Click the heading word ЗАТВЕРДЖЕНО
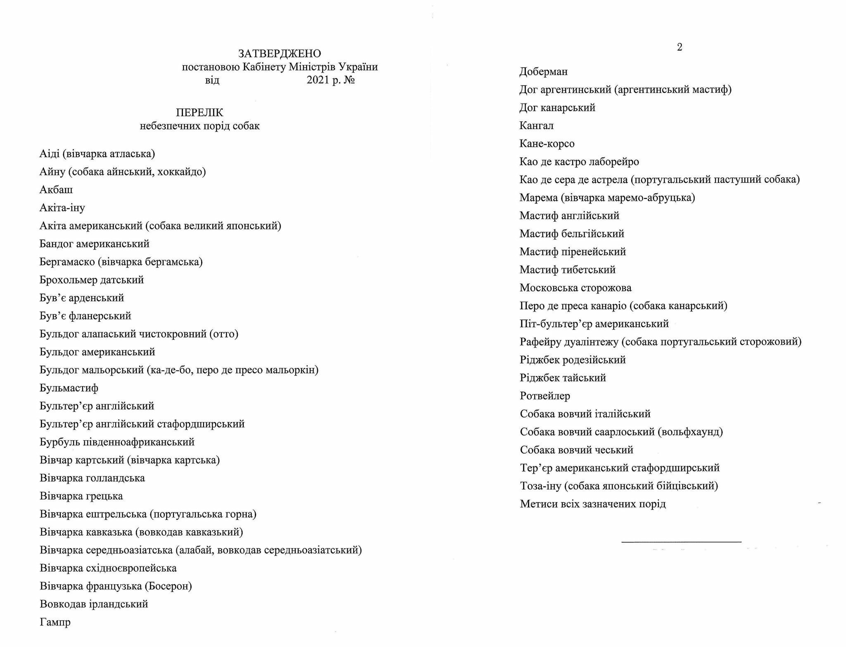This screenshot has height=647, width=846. [x=280, y=54]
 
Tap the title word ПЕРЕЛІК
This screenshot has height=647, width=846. [x=200, y=113]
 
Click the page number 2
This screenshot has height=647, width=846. [x=680, y=47]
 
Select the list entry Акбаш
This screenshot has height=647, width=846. [x=56, y=190]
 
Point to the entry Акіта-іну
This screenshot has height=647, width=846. [x=62, y=208]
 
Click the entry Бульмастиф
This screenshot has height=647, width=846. [x=69, y=388]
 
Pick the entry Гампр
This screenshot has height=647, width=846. [x=55, y=622]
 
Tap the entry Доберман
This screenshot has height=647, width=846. [x=544, y=72]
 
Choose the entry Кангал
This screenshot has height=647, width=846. [x=537, y=126]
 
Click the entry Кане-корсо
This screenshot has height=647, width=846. [x=547, y=144]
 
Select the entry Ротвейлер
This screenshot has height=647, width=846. [x=545, y=396]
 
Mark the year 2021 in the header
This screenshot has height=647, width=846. [x=318, y=80]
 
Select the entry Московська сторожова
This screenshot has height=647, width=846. [x=575, y=288]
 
